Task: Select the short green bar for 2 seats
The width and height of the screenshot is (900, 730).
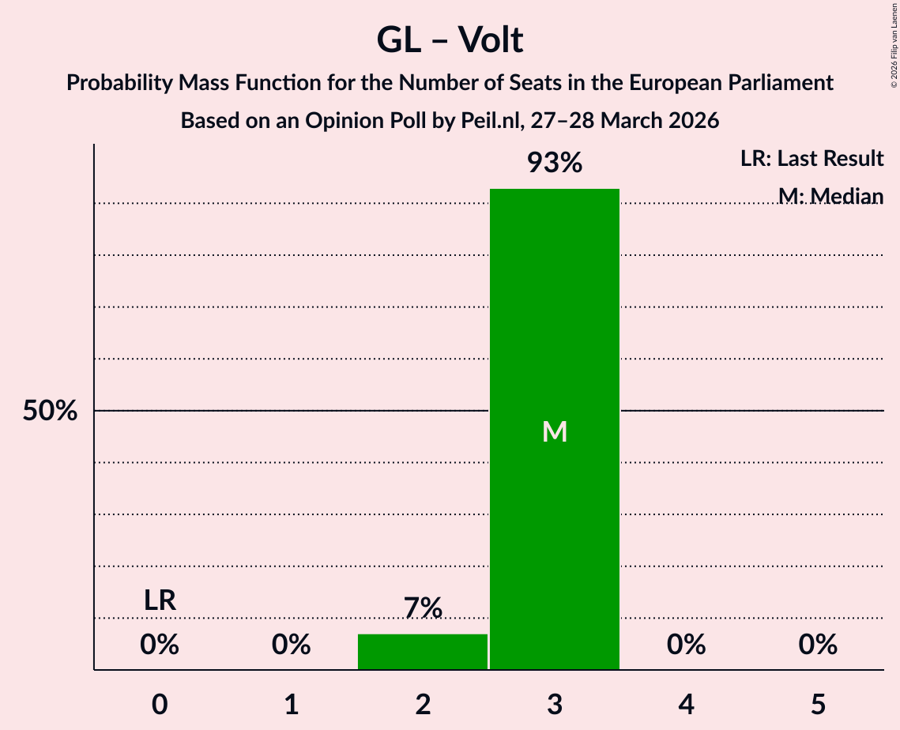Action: click(423, 652)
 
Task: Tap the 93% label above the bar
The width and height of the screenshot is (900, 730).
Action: click(555, 163)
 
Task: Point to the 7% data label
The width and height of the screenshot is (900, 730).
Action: click(423, 608)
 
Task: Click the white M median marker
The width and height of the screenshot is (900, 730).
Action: click(555, 431)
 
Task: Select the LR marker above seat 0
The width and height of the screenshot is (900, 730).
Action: click(160, 600)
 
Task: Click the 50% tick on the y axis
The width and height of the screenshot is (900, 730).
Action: click(50, 411)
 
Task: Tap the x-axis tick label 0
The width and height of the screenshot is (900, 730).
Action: click(160, 704)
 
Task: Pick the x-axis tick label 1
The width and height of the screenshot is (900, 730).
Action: click(292, 704)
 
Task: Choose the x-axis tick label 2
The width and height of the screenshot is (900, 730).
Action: click(423, 704)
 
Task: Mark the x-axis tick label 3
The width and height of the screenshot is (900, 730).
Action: click(555, 704)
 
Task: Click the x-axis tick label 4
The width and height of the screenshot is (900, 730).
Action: click(686, 704)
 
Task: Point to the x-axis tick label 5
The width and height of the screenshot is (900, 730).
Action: click(818, 704)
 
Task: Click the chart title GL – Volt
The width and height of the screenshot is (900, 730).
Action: click(450, 40)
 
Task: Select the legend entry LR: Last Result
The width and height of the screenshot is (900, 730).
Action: click(812, 158)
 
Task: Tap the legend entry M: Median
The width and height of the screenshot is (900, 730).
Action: click(830, 195)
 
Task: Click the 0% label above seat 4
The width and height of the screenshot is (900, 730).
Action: click(686, 645)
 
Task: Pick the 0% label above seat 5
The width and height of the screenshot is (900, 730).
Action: click(818, 645)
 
